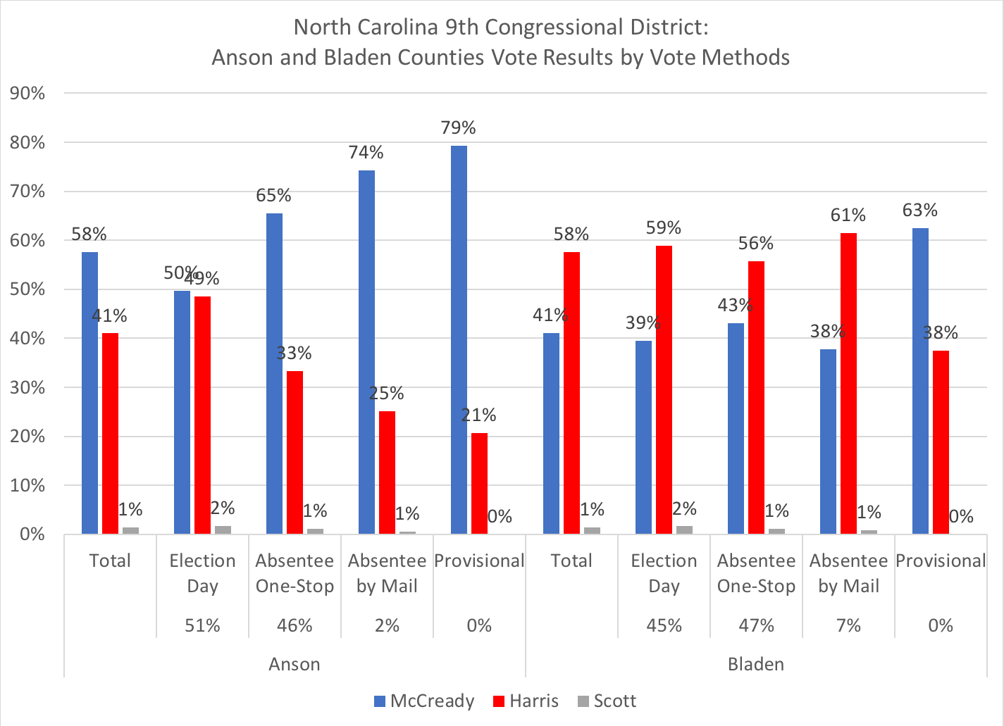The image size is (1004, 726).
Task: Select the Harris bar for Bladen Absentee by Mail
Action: pos(848,383)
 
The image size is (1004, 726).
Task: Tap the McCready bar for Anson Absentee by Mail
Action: pos(366,352)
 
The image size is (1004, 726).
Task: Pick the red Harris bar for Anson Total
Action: pos(110,433)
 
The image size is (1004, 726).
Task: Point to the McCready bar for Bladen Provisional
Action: pos(920,381)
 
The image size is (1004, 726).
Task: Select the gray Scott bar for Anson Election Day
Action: pos(223,530)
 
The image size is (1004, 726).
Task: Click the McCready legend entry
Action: pos(423,701)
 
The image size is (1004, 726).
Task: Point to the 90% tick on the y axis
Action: pos(27,94)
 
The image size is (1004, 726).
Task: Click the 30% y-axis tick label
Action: pos(27,388)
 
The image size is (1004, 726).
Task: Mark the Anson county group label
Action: pos(295,664)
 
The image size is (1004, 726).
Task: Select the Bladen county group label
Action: pos(755,664)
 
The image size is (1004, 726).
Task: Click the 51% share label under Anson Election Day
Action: pos(202,625)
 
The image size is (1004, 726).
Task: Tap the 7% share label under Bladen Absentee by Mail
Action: pos(848,625)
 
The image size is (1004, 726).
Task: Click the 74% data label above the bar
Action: pos(366,152)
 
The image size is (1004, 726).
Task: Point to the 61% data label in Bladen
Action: pos(848,215)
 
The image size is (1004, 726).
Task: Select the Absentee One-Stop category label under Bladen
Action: pos(756,573)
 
